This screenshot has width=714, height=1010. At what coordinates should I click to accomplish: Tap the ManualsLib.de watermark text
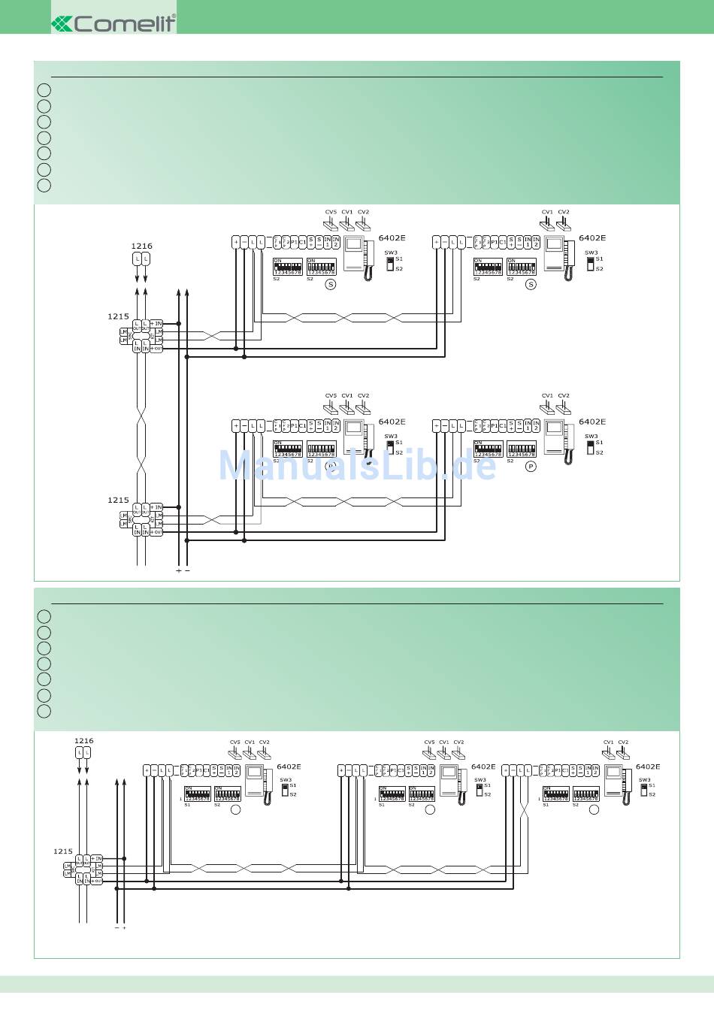click(x=357, y=466)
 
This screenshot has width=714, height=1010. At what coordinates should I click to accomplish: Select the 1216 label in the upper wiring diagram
click(x=141, y=246)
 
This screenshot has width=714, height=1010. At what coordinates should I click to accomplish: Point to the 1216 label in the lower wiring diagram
click(x=83, y=741)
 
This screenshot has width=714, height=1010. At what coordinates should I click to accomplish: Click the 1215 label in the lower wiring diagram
click(x=63, y=851)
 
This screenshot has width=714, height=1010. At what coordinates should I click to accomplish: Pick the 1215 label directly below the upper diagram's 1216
click(x=118, y=316)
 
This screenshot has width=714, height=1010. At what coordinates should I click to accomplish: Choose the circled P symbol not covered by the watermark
click(x=531, y=467)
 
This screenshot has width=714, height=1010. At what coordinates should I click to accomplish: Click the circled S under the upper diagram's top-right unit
click(x=531, y=284)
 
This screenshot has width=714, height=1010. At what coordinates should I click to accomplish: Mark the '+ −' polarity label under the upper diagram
click(x=183, y=570)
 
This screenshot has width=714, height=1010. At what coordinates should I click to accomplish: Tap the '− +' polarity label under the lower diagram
click(x=120, y=928)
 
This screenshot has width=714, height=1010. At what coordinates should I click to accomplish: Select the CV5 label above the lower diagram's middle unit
click(x=429, y=742)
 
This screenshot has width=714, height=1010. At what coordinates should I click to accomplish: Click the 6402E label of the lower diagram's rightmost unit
click(x=647, y=767)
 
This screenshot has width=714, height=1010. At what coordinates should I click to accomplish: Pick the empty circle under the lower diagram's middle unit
click(x=430, y=810)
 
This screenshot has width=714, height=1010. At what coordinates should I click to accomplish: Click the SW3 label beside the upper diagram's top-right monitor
click(x=591, y=252)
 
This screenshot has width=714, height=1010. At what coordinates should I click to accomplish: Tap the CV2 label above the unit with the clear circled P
click(x=564, y=395)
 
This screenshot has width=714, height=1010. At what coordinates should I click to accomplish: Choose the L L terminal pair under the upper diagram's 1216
click(x=141, y=259)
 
